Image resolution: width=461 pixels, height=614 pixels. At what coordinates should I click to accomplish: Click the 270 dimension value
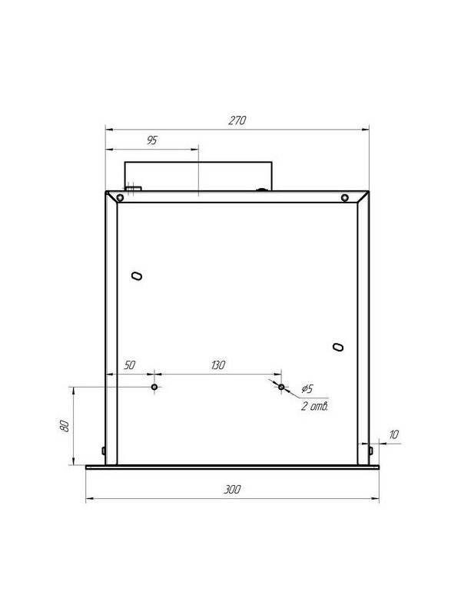[x=237, y=121]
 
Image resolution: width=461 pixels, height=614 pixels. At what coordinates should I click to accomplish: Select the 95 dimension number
[x=151, y=141]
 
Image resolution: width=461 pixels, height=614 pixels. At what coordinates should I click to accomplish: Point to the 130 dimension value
[x=217, y=365]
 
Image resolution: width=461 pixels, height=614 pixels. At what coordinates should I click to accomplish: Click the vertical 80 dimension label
[x=65, y=426]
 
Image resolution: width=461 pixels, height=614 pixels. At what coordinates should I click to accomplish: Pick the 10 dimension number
[x=393, y=435]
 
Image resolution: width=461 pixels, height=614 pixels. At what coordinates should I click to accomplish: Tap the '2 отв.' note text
[x=315, y=407]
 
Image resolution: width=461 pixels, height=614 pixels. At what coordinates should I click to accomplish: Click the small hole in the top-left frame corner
[x=121, y=198]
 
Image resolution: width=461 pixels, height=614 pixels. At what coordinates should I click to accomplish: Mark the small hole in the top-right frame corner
[x=345, y=198]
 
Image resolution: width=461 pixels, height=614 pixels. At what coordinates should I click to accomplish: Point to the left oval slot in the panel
[x=137, y=276]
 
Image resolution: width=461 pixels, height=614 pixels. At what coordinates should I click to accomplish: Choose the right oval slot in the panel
[x=337, y=347]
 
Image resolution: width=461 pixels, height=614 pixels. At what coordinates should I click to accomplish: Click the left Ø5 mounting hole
[x=154, y=387]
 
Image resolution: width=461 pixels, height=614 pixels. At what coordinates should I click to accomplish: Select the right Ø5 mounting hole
[x=282, y=387]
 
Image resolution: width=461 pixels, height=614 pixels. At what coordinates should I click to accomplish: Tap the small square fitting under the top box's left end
[x=134, y=187]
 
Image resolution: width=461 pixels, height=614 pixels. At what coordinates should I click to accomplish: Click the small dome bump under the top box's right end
[x=261, y=189]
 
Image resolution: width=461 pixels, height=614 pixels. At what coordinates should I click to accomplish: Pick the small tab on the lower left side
[x=103, y=451]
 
